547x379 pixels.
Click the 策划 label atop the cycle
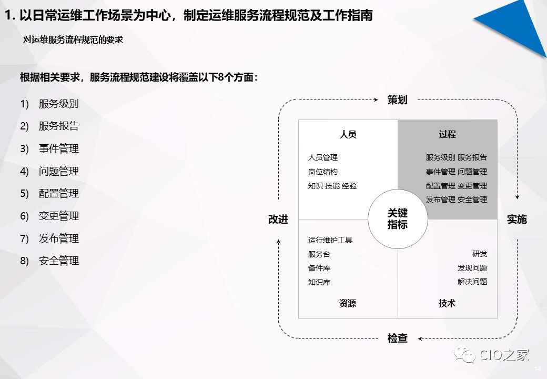(397, 99)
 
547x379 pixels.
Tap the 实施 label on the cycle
(516, 219)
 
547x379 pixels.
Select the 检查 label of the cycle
(397, 338)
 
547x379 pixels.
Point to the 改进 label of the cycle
(278, 219)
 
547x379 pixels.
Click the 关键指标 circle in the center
(398, 219)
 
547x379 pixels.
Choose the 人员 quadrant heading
(348, 134)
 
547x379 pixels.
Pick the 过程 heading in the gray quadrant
(447, 134)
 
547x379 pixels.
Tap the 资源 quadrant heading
(348, 303)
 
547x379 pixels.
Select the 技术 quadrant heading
(447, 303)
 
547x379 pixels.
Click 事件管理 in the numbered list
(58, 149)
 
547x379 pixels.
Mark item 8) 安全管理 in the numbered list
(58, 261)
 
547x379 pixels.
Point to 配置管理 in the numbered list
(58, 194)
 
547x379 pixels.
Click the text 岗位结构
(323, 172)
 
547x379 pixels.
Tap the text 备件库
(319, 268)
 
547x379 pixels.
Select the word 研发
(480, 254)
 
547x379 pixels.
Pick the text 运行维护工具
(330, 240)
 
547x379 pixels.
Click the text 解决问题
(472, 282)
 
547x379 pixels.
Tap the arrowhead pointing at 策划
(377, 99)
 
